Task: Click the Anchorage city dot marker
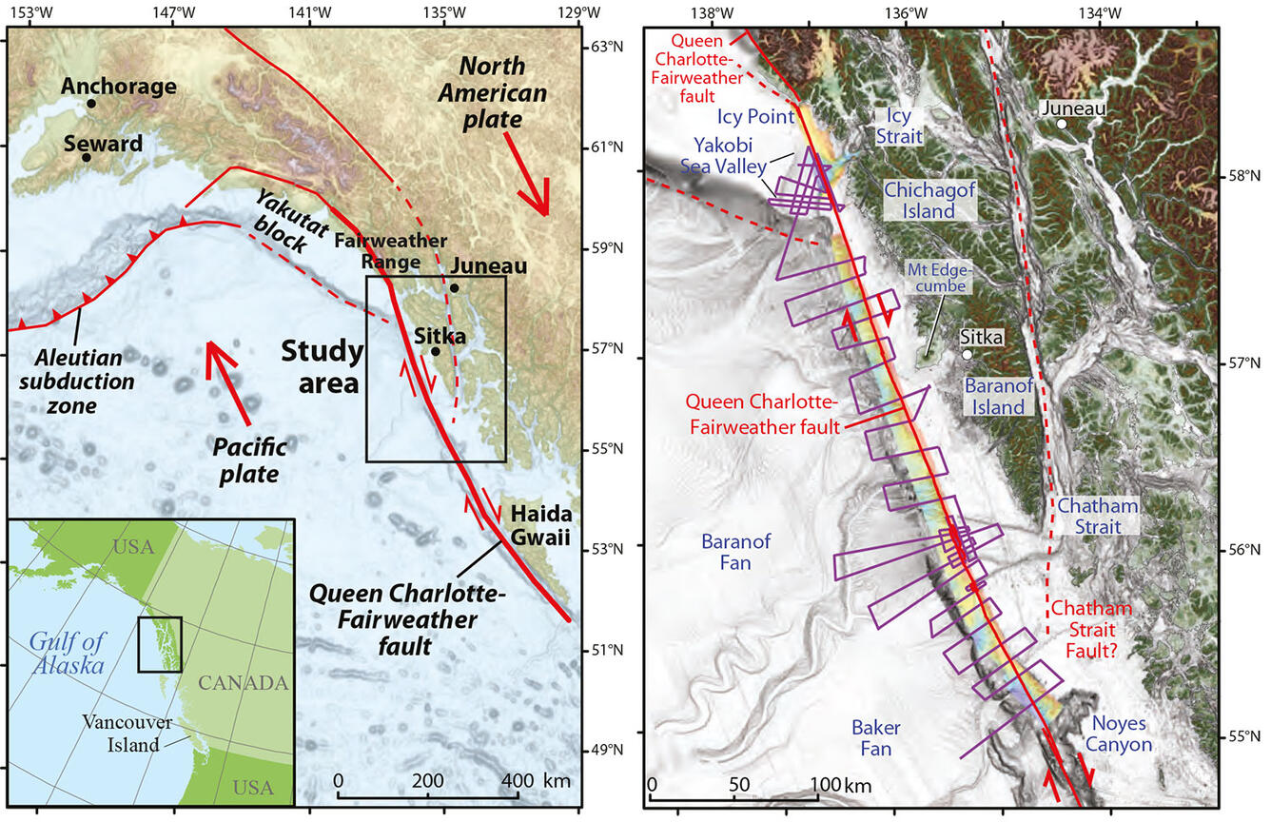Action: pyautogui.click(x=91, y=104)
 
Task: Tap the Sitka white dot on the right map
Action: pyautogui.click(x=967, y=355)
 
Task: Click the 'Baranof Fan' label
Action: pyautogui.click(x=739, y=552)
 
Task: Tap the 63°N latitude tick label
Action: pyautogui.click(x=602, y=46)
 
